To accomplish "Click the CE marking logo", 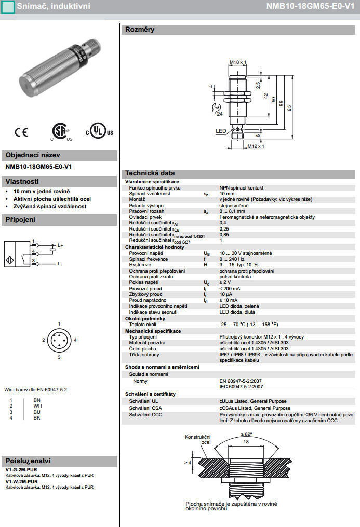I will click(21, 132).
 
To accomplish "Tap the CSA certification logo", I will click(61, 132).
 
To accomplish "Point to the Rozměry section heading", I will click(139, 30).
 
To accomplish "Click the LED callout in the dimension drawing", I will click(221, 132).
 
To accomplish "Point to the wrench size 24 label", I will click(219, 114).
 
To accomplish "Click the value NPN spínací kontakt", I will click(242, 187).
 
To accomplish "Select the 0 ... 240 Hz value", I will click(232, 259).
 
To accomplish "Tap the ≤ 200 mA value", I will click(230, 288).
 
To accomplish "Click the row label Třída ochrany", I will click(145, 354).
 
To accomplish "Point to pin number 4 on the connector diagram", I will click(75, 340).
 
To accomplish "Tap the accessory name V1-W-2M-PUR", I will click(25, 481).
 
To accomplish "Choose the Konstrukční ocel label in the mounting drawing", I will click(198, 440).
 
